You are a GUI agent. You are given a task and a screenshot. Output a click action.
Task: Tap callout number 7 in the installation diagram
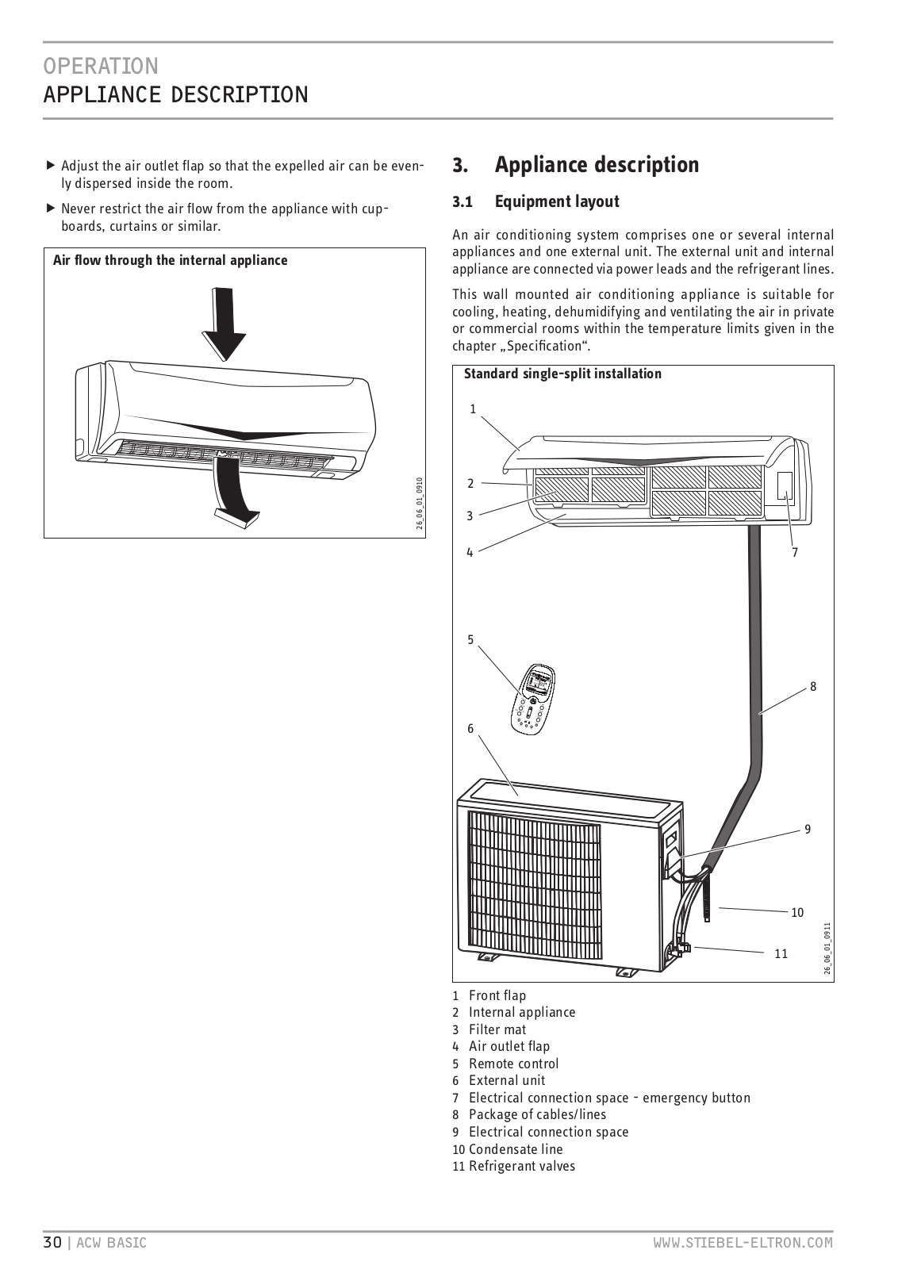point(794,552)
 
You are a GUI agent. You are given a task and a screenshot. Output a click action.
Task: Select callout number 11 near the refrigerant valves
point(781,953)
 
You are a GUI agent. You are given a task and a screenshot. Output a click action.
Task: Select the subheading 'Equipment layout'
point(556,201)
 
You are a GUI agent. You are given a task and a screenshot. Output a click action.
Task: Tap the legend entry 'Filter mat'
point(497,1029)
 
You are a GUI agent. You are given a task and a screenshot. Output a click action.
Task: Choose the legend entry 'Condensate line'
point(516,1149)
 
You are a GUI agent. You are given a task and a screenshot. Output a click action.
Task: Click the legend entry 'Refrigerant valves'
point(521,1166)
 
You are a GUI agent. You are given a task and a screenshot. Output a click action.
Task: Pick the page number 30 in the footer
point(52,1243)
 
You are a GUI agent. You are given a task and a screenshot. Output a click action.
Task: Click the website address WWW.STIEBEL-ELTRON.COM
point(743,1243)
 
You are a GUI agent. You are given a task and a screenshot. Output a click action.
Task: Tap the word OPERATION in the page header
point(101,65)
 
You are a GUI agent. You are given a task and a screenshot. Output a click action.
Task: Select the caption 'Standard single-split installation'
point(562,374)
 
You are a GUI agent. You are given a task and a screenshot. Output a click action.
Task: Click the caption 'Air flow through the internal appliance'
point(170,260)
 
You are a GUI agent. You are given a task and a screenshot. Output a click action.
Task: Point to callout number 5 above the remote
point(470,639)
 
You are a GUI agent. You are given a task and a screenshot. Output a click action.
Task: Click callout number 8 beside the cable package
point(813,687)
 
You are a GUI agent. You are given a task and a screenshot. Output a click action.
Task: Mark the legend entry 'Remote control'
point(513,1064)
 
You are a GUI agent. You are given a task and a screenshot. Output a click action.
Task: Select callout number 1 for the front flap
point(473,409)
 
